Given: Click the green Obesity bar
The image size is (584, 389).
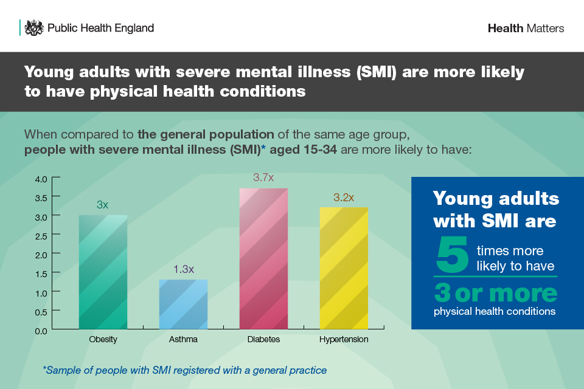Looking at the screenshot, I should coord(103,272).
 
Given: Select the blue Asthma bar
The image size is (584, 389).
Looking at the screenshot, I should coord(183,305).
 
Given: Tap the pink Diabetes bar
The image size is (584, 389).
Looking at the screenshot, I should coord(263,259).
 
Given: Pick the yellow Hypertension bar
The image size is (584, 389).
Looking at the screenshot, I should coord(344,269).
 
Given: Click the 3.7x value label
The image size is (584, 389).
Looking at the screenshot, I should coord(263,178).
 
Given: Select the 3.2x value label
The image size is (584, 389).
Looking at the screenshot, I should coord(344,198).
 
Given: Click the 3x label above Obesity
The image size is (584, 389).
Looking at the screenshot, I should coord(103,205).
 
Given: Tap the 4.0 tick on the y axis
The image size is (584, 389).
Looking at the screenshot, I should coord(41,179).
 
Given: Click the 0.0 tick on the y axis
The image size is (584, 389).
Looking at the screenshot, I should coord(41,331).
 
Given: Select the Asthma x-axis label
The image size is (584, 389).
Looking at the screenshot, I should coord(183,339).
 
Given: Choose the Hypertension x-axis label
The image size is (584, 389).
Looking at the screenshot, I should coord(344,339).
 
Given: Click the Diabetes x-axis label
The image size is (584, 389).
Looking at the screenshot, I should coord(263,339).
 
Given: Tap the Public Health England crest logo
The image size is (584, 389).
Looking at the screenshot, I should coord(35,28).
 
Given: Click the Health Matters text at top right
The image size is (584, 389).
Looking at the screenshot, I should coord(526,29).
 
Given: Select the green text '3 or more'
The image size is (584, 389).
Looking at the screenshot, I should coord(495,294).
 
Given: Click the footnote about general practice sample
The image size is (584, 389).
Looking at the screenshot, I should coord(185,370).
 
